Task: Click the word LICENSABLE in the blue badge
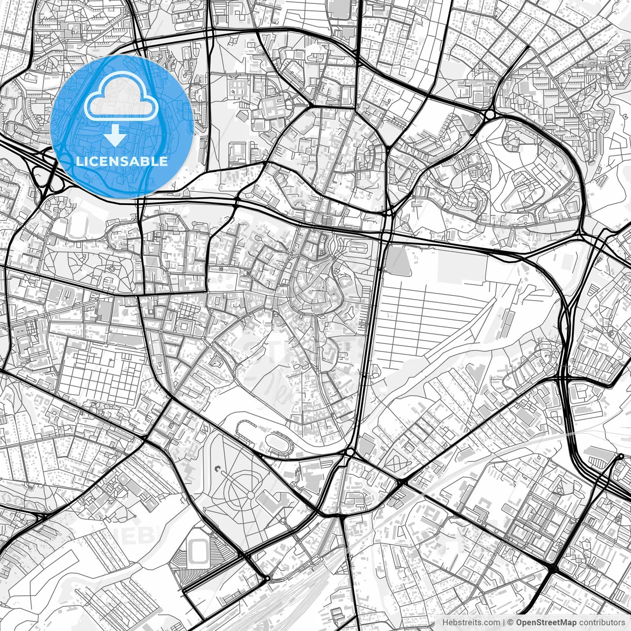click(x=122, y=161)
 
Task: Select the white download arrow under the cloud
click(x=115, y=135)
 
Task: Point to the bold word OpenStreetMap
click(x=546, y=623)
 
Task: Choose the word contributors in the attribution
click(x=602, y=623)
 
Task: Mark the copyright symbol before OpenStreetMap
click(x=511, y=623)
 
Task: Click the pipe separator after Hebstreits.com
click(x=503, y=623)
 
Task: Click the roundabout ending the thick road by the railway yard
click(x=267, y=578)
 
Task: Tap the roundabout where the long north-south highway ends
click(x=350, y=452)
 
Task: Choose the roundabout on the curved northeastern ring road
click(x=490, y=115)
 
